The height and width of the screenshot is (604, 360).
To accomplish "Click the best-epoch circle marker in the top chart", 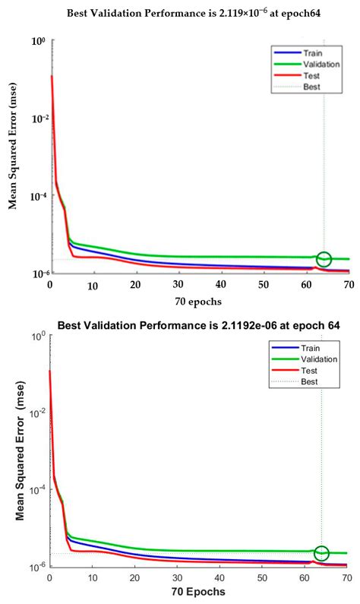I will coord(324,259).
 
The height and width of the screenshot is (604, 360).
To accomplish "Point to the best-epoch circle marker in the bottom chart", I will coord(321,553).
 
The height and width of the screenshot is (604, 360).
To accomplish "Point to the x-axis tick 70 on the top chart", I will coord(349,285).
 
